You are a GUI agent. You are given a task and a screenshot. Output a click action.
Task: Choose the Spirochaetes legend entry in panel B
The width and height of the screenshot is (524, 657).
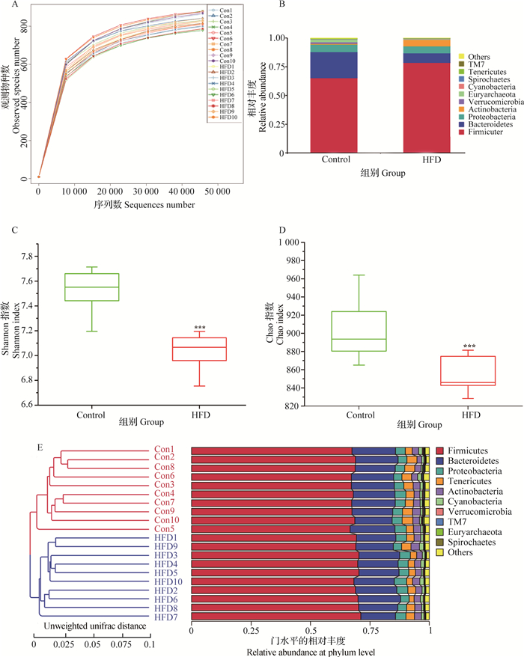(x=490, y=79)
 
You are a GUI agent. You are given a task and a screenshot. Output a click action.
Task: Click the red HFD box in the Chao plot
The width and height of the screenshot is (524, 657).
(x=458, y=370)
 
